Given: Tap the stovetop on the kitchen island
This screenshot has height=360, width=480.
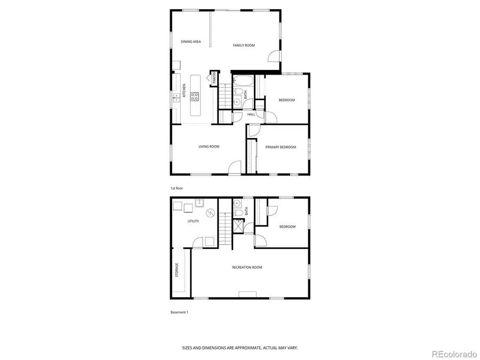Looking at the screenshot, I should (195, 97).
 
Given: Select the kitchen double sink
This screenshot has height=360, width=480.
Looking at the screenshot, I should (175, 98).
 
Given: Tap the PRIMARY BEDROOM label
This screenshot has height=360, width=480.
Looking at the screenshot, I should (281, 147).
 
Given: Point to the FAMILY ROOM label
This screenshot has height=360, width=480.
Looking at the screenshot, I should (244, 45).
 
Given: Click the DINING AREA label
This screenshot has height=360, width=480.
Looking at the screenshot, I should (190, 42).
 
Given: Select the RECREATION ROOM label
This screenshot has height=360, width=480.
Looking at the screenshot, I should (247, 267).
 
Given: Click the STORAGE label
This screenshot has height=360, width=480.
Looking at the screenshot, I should (177, 270).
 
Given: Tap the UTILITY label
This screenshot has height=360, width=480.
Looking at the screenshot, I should (193, 221).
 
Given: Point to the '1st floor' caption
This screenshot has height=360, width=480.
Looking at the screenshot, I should (176, 189).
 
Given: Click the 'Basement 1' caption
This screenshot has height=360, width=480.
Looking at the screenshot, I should (179, 312).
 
